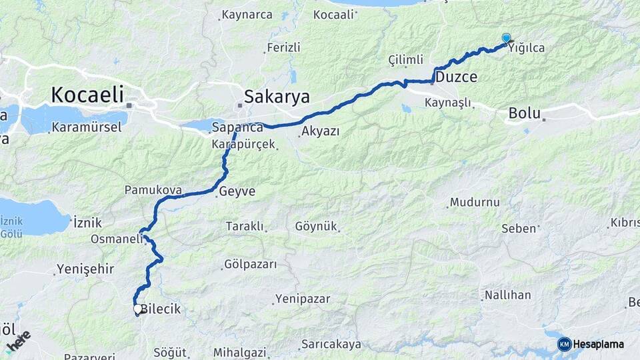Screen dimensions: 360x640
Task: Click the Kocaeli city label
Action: pos(87,95)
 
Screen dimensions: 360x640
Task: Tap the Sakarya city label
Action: pos(277,97)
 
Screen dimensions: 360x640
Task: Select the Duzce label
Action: pos(457,77)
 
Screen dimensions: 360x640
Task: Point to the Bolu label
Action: pos(524,113)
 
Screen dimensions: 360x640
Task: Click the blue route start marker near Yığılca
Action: pos(506,39)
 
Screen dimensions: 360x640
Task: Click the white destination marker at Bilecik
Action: pos(137,309)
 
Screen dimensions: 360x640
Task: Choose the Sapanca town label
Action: pos(237,127)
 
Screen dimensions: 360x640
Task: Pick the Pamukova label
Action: pos(153,190)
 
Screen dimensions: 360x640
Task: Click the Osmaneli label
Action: pos(117,239)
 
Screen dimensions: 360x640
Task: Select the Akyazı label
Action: pos(321,131)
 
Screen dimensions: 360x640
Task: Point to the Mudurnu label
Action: pos(475,202)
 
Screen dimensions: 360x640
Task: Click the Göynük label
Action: pos(316,227)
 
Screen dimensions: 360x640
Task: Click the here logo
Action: pos(18,341)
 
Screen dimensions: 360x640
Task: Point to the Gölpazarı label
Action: pos(251,265)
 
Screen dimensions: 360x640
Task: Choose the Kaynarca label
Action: pos(247,14)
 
